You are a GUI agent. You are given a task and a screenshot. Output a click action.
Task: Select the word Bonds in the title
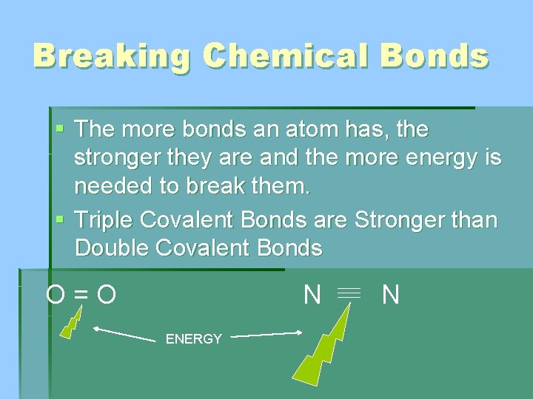pyautogui.click(x=441, y=55)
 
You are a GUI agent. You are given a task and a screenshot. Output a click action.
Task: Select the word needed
pyautogui.click(x=118, y=186)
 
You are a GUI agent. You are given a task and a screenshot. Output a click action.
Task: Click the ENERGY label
pyautogui.click(x=194, y=339)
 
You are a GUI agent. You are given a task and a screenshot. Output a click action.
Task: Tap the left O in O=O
pyautogui.click(x=55, y=296)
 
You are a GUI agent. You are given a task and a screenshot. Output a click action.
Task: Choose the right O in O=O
pyautogui.click(x=107, y=296)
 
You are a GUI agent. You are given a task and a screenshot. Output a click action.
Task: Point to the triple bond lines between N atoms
pyautogui.click(x=349, y=294)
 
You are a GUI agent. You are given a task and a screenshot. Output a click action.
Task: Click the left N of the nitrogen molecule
pyautogui.click(x=312, y=295)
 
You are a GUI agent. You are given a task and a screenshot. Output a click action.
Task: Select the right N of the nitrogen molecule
pyautogui.click(x=391, y=296)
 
